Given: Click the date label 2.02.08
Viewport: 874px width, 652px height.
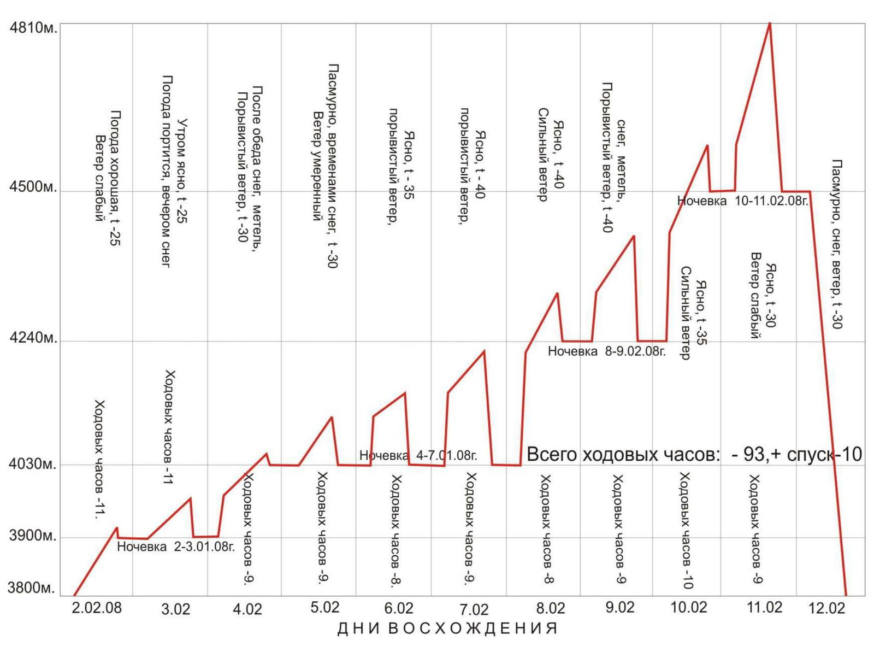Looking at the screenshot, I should point(97,608).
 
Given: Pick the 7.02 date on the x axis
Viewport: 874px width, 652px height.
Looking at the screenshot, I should point(474,609).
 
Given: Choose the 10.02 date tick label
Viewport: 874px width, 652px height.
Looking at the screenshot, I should point(688,608).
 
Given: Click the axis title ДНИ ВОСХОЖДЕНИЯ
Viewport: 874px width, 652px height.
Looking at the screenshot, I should point(448,628).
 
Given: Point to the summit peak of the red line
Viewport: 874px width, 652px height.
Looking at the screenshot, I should point(770,24).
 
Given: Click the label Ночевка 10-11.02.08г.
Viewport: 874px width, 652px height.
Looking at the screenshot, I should point(742,201).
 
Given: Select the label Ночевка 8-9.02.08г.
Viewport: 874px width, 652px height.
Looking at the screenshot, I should point(606,351).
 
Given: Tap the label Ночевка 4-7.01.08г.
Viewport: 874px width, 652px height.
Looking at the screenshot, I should point(418,455).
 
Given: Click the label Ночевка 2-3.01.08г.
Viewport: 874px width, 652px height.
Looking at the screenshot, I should point(176,547).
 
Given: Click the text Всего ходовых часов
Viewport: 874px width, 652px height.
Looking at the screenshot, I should point(623,454).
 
